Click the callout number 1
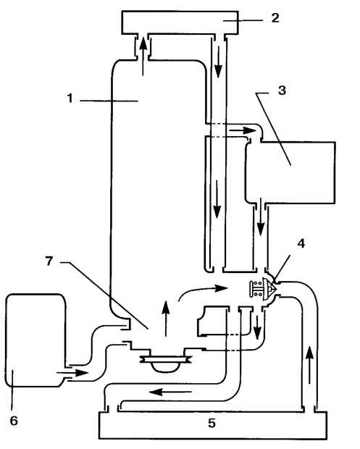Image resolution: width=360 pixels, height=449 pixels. point(70,98)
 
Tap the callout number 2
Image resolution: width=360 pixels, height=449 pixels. point(275,18)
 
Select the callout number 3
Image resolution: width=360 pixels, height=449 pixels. point(282,91)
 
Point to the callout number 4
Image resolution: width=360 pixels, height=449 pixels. point(301,243)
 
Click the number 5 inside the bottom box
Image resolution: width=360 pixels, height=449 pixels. point(212,423)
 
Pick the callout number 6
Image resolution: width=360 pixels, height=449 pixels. point(14,421)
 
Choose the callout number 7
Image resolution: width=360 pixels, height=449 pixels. point(49,261)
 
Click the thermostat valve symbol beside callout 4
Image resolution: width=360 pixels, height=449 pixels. point(264,289)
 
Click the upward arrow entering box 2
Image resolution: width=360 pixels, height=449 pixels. point(143,57)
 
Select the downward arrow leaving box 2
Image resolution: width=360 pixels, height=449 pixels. point(219,62)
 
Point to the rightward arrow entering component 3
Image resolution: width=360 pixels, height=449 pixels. point(242,130)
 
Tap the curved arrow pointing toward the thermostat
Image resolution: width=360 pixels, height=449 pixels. point(202,290)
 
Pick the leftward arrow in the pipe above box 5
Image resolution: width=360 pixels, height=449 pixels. point(170,392)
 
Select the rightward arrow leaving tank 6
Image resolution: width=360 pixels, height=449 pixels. point(72,373)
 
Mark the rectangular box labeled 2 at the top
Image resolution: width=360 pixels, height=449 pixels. point(180,23)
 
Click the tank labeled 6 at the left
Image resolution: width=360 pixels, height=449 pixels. point(35,340)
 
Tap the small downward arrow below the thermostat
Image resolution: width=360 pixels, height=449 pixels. point(257,327)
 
